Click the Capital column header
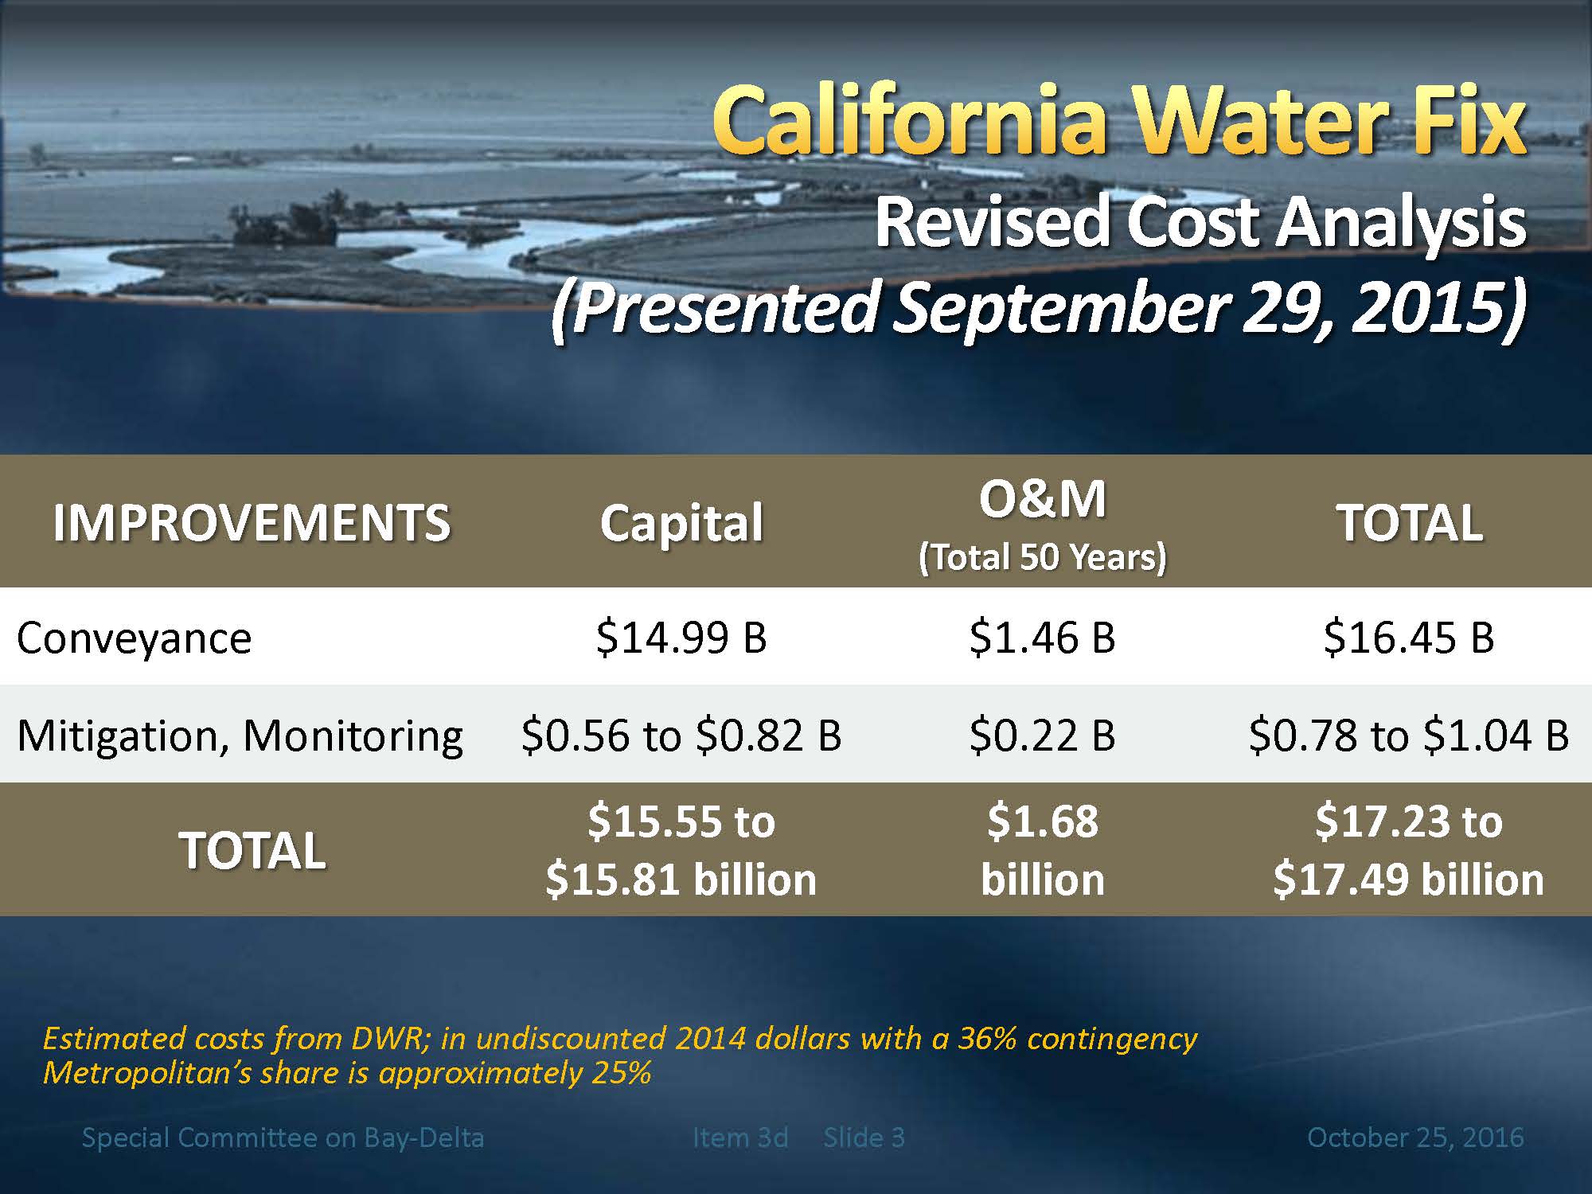pyautogui.click(x=681, y=523)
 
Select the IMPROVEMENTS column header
pyautogui.click(x=252, y=523)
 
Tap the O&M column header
pyautogui.click(x=1042, y=499)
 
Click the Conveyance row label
pyautogui.click(x=134, y=638)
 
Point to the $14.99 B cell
pyautogui.click(x=681, y=637)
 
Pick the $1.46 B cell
pyautogui.click(x=1042, y=637)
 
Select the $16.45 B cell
pyautogui.click(x=1409, y=637)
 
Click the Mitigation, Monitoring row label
pyautogui.click(x=240, y=735)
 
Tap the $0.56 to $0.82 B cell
pyautogui.click(x=681, y=734)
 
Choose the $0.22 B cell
pyautogui.click(x=1042, y=734)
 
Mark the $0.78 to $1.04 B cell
pyautogui.click(x=1409, y=734)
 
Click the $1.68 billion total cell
pyautogui.click(x=1042, y=849)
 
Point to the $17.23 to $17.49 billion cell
pyautogui.click(x=1408, y=849)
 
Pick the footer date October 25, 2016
pyautogui.click(x=1415, y=1137)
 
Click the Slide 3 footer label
pyautogui.click(x=864, y=1137)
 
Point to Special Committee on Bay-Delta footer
pyautogui.click(x=283, y=1137)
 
